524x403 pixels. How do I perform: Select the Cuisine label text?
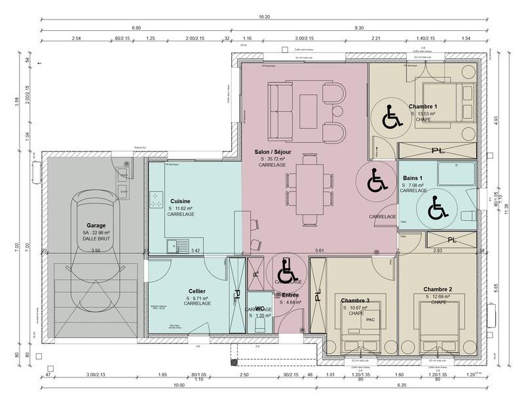(x=181, y=201)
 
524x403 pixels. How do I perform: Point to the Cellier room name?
(x=196, y=291)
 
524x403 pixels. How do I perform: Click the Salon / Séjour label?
(x=272, y=152)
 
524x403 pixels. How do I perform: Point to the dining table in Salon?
(x=308, y=191)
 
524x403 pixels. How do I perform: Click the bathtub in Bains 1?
(x=455, y=174)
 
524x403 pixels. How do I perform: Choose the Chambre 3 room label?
(x=354, y=300)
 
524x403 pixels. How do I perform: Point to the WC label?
(x=259, y=308)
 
